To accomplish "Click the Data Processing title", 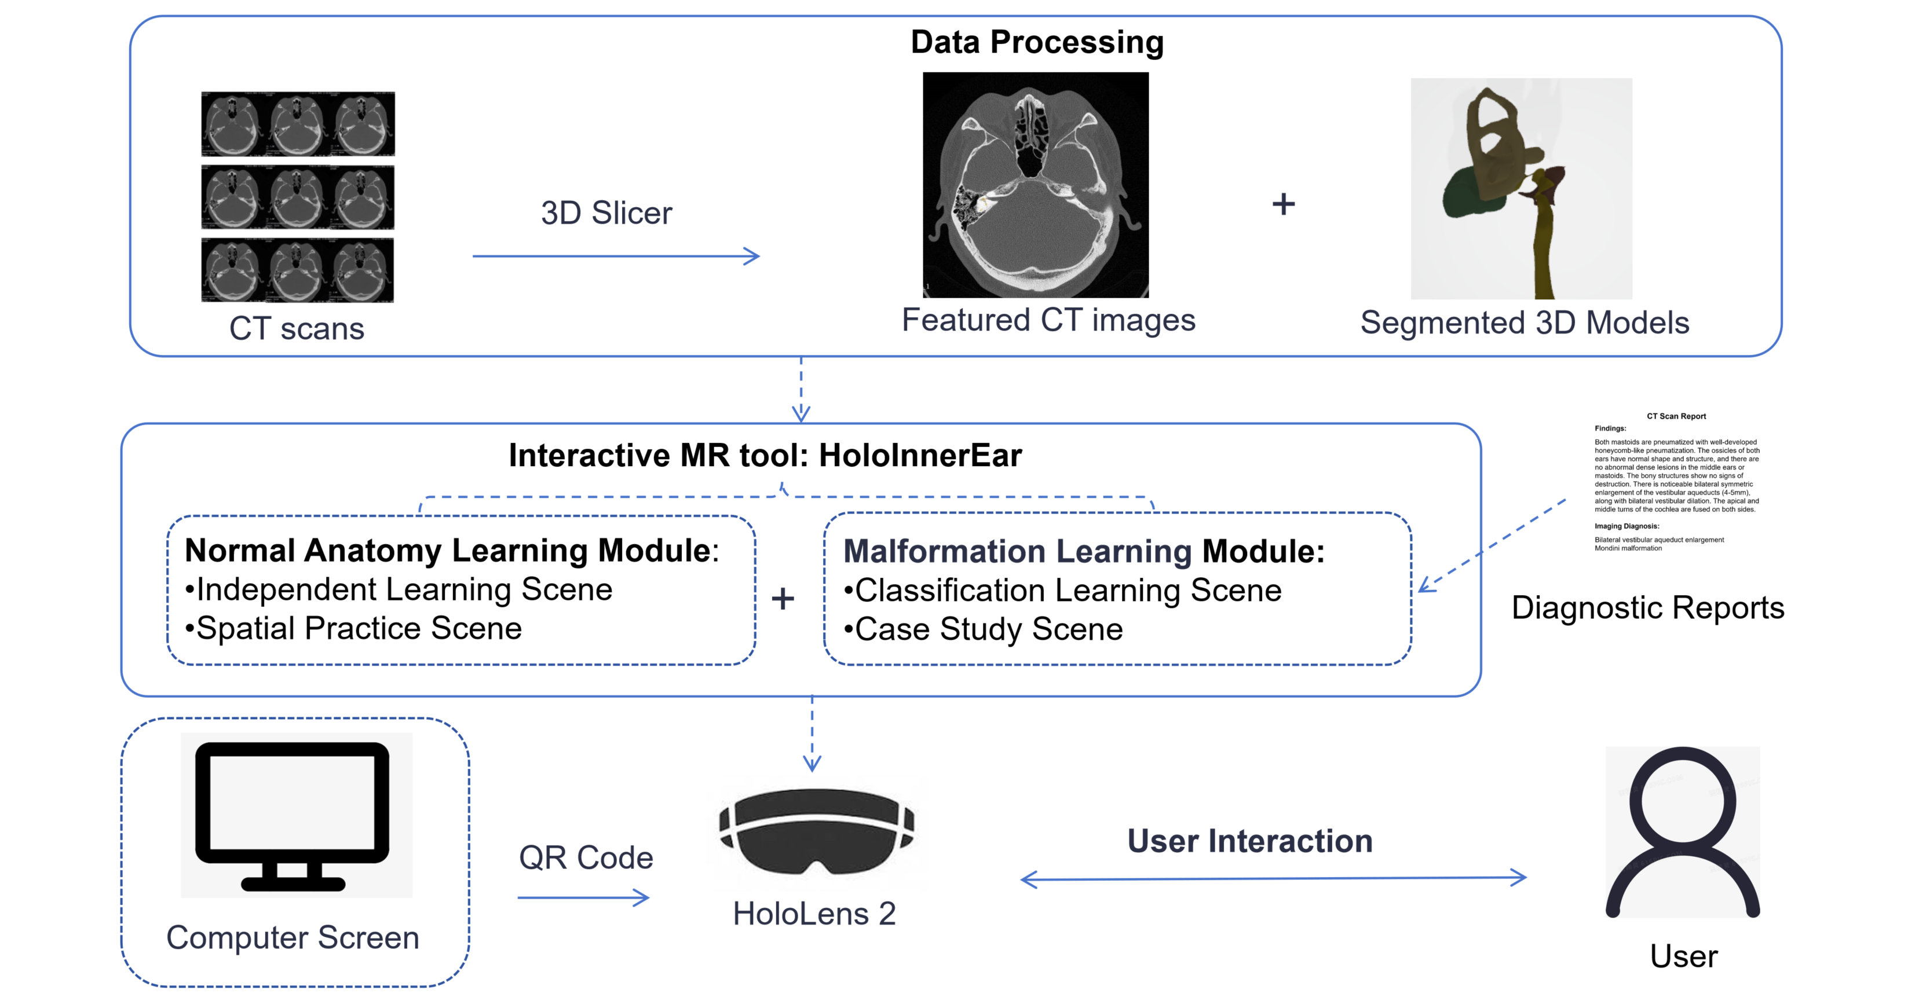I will [x=1036, y=42].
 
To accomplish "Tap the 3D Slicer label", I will [x=606, y=214].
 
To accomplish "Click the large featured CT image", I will [x=1036, y=185].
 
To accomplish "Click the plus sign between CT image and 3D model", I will [x=1283, y=204].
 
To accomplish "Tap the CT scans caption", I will [x=297, y=328].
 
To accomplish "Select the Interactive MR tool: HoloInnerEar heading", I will [x=765, y=456].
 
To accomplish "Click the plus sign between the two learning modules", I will [x=782, y=599].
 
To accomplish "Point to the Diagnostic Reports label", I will [x=1647, y=607].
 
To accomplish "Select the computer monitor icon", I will [x=293, y=815].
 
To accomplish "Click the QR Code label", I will [x=586, y=858].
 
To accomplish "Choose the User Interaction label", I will [x=1249, y=841].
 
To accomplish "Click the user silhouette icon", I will [x=1682, y=832].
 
